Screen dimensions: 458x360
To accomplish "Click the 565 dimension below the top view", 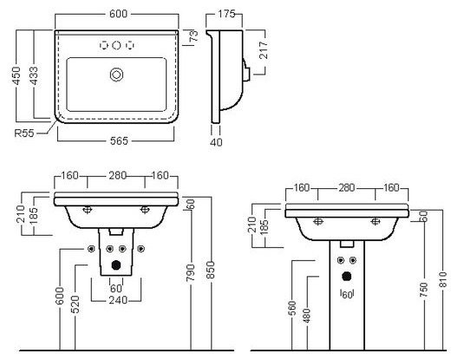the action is (119, 141).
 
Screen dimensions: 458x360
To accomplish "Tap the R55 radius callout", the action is (24, 134).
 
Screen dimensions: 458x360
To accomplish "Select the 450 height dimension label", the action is (16, 76).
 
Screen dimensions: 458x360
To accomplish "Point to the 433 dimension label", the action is (34, 76).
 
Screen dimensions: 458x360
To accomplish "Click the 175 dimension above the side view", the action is (226, 14).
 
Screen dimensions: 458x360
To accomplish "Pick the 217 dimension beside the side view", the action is (263, 50).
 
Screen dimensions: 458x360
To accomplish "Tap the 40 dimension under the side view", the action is (216, 142).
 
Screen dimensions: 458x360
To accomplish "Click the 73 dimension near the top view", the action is (193, 36).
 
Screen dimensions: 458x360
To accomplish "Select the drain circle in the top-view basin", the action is (116, 75).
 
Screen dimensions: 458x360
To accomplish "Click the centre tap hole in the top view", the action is (116, 45).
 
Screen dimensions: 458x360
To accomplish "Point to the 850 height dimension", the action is (211, 271).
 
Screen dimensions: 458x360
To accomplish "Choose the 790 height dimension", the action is (191, 272).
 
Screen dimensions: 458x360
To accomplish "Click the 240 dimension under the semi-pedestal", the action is (118, 300).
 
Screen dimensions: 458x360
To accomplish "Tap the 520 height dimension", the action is (75, 304).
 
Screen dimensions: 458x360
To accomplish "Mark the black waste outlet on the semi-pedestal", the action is (116, 265).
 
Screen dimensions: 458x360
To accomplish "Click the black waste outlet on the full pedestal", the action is (346, 277).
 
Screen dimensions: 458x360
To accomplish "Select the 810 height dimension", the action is (443, 279).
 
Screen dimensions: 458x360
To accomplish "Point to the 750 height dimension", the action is (423, 290).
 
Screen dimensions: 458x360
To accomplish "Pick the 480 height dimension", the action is (307, 316).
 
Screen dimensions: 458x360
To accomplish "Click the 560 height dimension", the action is (292, 308).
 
